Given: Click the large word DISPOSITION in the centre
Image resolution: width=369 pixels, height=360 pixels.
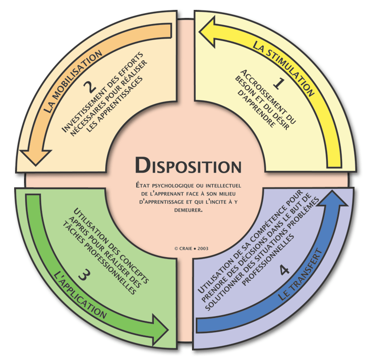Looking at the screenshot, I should pyautogui.click(x=188, y=165).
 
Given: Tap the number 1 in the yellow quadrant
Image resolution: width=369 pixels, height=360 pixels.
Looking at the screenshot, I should pyautogui.click(x=279, y=84).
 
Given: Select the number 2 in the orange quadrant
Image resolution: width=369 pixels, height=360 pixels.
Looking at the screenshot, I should pyautogui.click(x=92, y=87).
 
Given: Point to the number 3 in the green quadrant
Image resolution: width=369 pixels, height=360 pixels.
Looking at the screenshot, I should pyautogui.click(x=82, y=275).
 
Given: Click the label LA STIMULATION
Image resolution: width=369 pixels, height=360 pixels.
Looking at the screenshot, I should pyautogui.click(x=283, y=66).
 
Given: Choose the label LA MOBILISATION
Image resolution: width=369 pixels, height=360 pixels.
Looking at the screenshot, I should pyautogui.click(x=72, y=80).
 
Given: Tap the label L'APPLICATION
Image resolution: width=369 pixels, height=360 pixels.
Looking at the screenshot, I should pyautogui.click(x=81, y=295).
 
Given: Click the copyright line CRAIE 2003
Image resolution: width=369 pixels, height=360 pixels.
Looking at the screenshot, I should pyautogui.click(x=191, y=247).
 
